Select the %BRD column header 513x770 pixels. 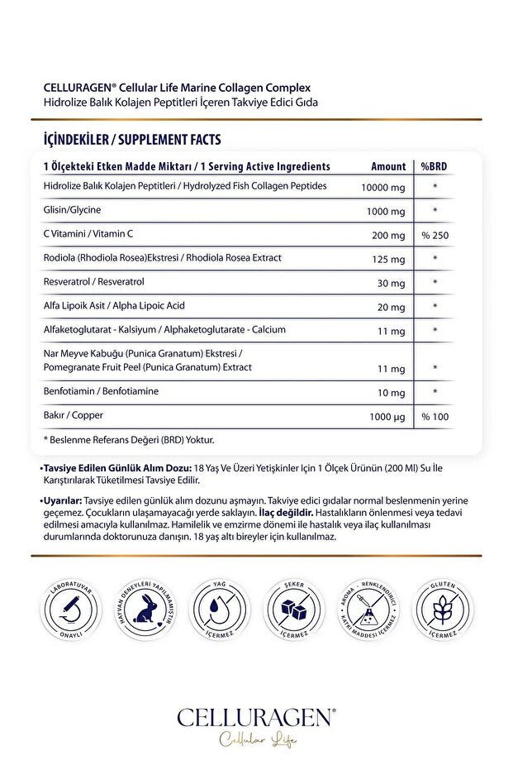click(x=434, y=166)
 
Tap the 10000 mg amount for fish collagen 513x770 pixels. click(x=383, y=187)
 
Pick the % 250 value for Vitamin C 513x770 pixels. click(x=435, y=236)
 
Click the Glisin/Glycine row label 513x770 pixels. click(x=72, y=210)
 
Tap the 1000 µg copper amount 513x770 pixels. click(x=385, y=416)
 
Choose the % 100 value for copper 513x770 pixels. click(x=435, y=416)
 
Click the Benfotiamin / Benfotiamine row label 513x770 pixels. click(x=101, y=390)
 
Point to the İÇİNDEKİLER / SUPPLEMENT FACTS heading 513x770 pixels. click(x=131, y=140)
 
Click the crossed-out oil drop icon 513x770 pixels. click(x=219, y=612)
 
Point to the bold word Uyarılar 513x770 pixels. click(x=62, y=501)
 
